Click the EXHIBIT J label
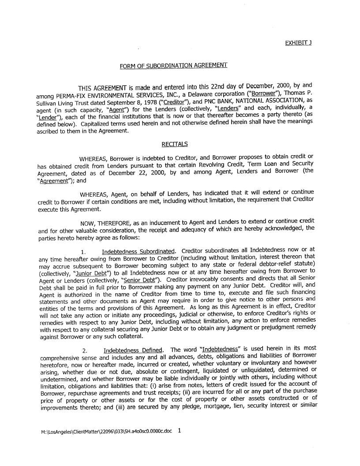[x=299, y=43]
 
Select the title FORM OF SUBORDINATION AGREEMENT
[x=173, y=66]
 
